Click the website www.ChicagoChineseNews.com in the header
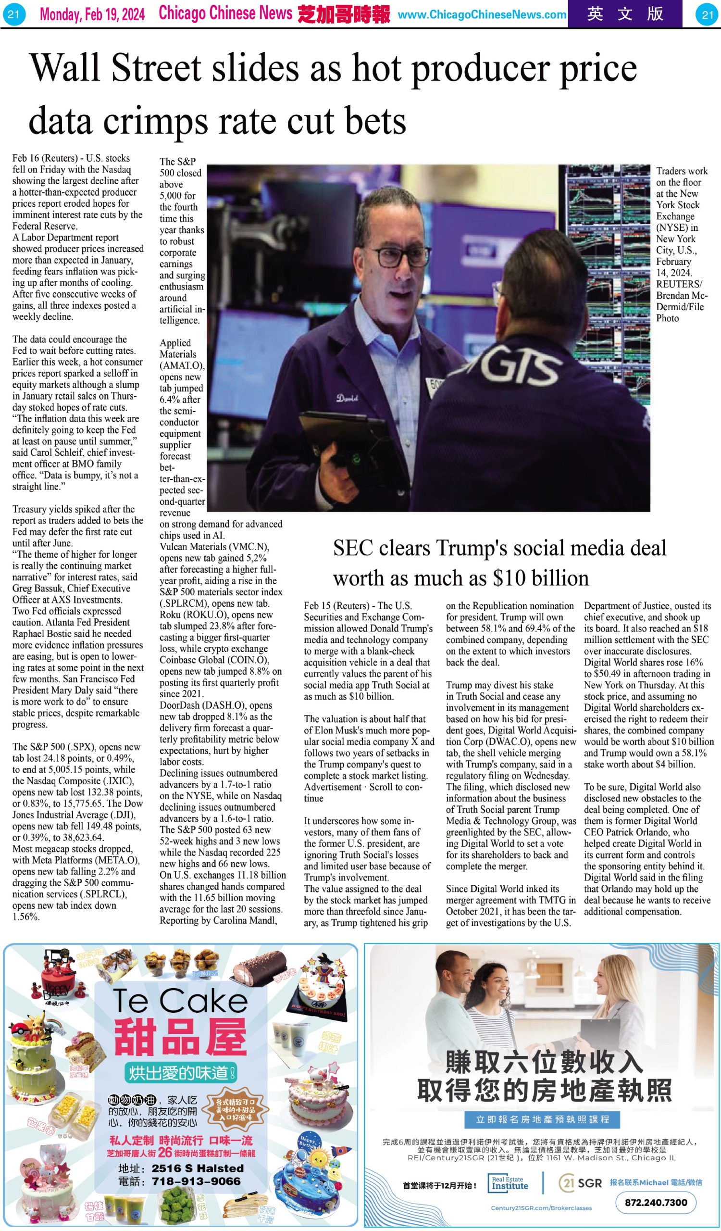pos(482,14)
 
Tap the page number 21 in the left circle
pos(13,14)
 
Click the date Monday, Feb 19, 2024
pos(92,14)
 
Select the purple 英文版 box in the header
pos(625,13)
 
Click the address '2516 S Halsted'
pos(197,1168)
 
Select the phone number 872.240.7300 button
pos(656,1202)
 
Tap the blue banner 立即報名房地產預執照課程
pos(542,1119)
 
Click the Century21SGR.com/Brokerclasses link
pos(541,1208)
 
